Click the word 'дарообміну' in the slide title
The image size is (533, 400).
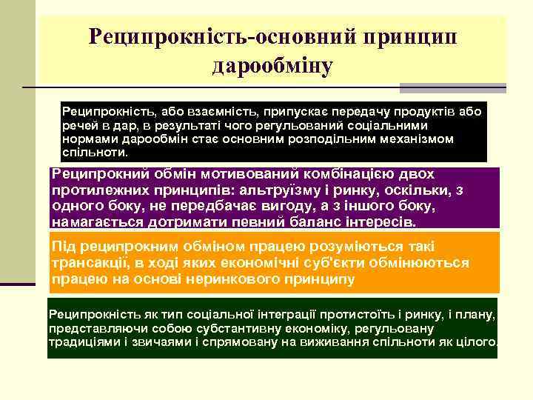[x=272, y=66]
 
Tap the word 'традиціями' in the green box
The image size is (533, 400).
[x=83, y=343]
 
